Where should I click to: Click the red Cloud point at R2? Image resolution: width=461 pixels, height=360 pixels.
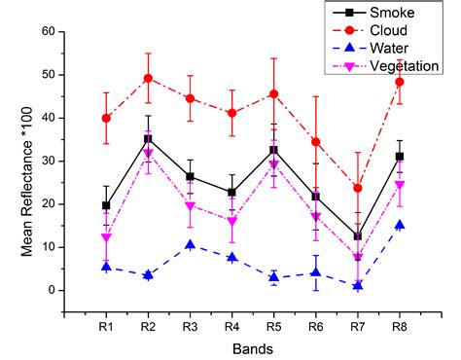point(149,78)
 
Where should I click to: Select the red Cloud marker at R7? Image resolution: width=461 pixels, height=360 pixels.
point(359,188)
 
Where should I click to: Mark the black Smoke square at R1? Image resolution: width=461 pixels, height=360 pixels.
point(106,205)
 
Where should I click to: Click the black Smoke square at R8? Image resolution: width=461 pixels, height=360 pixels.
point(401,156)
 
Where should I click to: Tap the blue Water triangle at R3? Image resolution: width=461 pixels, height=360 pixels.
point(191,244)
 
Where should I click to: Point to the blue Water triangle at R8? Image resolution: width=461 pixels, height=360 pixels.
point(401,225)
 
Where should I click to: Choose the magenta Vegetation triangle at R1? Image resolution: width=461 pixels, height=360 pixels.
point(106,237)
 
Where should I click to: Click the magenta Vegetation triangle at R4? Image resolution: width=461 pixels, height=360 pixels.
point(232,222)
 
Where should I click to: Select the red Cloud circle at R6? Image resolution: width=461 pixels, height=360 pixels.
point(317,141)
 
